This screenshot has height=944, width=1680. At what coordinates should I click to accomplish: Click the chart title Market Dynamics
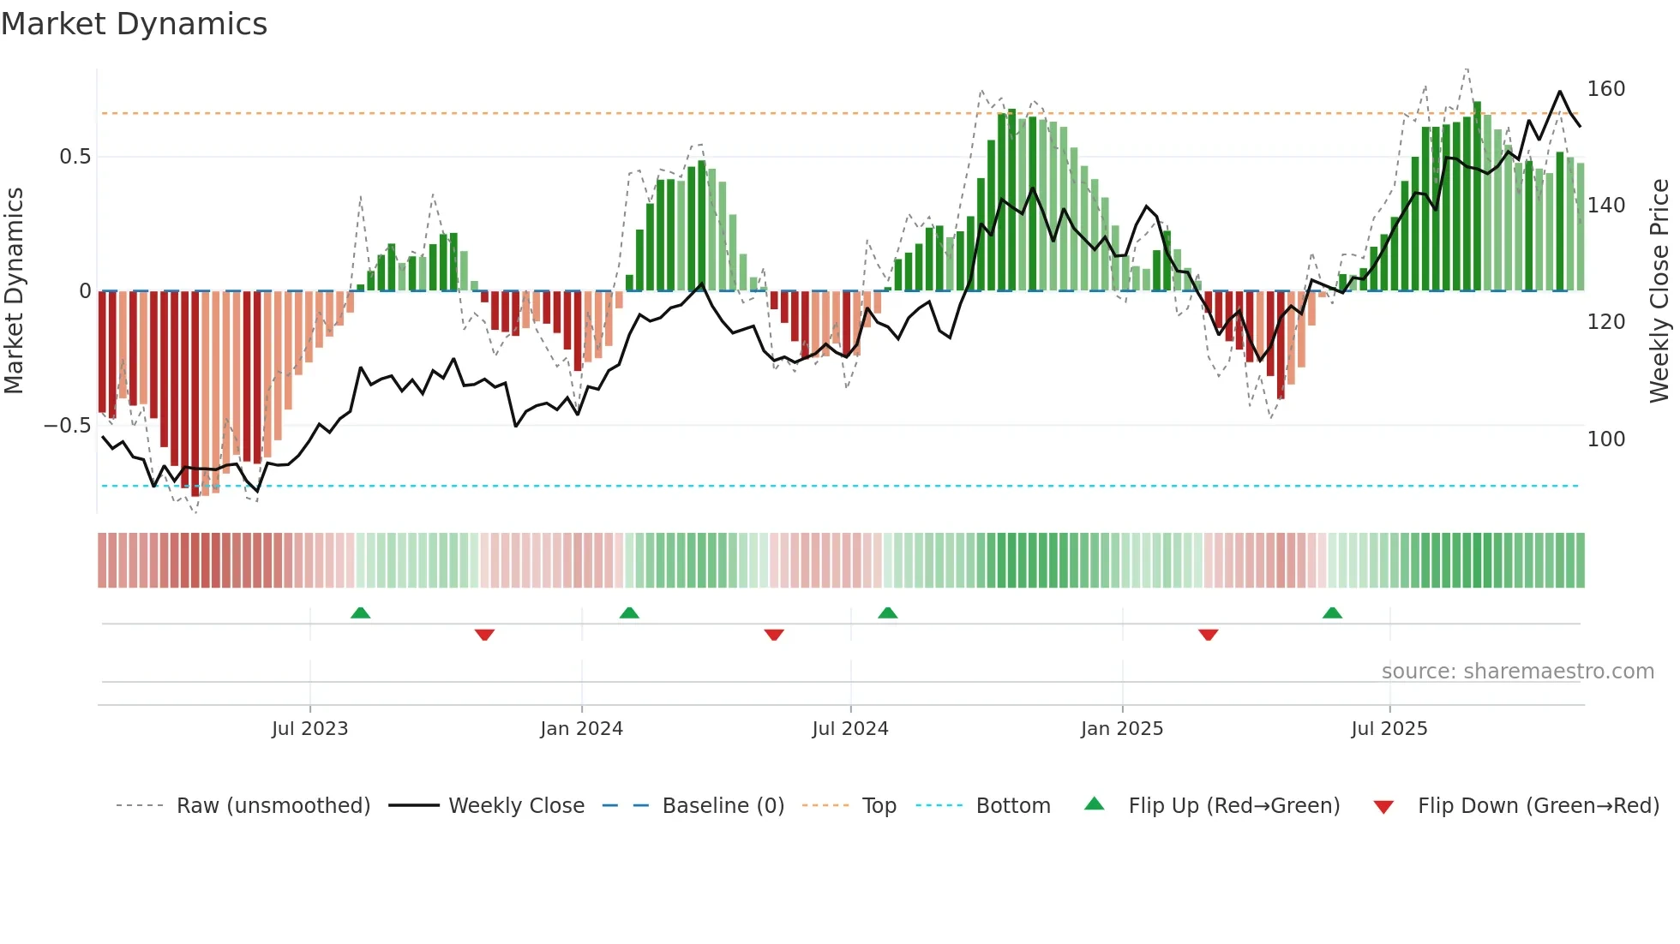pos(134,24)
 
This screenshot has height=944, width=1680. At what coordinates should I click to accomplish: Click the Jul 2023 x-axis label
pos(309,729)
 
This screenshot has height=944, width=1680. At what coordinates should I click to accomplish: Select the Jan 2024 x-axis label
pos(581,729)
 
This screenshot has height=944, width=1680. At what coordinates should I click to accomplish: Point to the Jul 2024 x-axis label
pos(849,729)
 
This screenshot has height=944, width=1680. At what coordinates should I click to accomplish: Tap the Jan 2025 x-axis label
pos(1121,729)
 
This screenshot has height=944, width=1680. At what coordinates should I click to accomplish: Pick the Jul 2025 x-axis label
pos(1389,729)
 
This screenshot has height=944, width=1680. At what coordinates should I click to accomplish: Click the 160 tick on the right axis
pos(1605,89)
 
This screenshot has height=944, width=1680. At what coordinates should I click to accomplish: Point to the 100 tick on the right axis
pos(1605,439)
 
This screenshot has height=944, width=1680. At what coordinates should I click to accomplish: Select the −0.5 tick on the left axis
pos(67,426)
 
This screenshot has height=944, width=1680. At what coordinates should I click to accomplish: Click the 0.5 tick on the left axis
pos(75,157)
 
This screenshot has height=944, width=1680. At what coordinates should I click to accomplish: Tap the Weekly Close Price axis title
pos(1659,291)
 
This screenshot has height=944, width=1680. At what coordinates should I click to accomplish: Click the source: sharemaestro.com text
pos(1517,672)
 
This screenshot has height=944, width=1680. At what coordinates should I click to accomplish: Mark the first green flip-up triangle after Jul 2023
pos(360,612)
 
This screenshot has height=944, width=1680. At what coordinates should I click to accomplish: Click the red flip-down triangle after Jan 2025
pos(1208,635)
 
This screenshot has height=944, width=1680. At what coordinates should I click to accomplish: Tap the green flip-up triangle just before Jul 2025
pos(1331,612)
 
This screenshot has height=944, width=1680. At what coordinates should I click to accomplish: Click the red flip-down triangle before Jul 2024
pos(773,635)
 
